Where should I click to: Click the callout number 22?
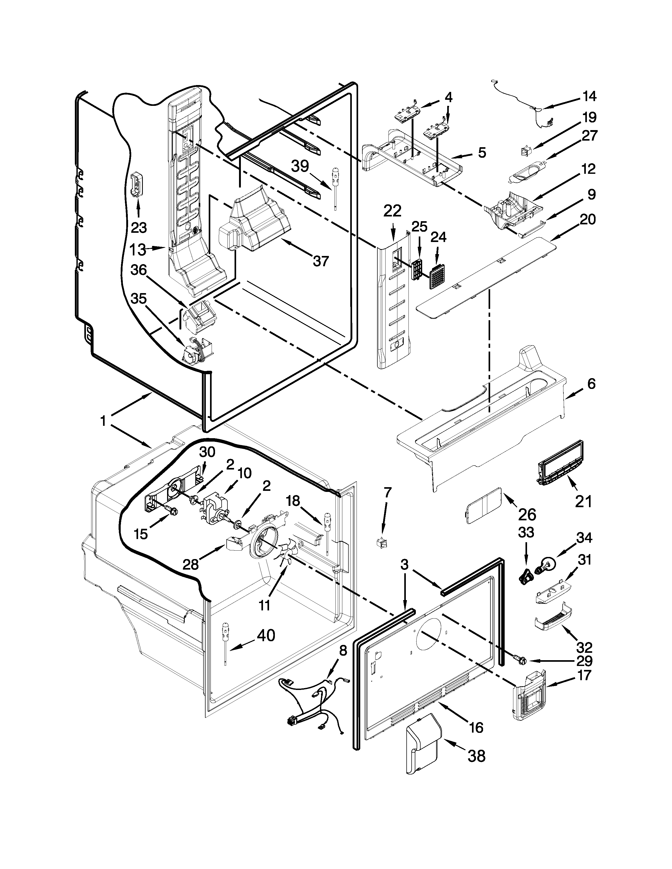pyautogui.click(x=392, y=211)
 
